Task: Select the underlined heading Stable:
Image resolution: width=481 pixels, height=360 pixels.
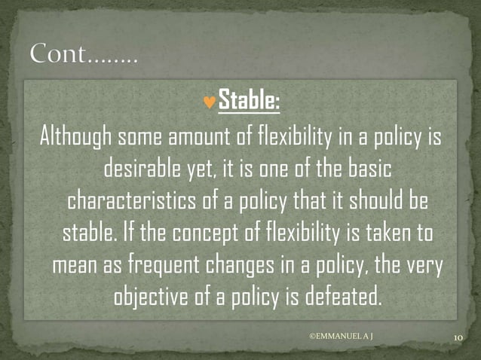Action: click(x=249, y=99)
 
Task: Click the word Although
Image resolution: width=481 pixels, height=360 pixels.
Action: click(x=75, y=138)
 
